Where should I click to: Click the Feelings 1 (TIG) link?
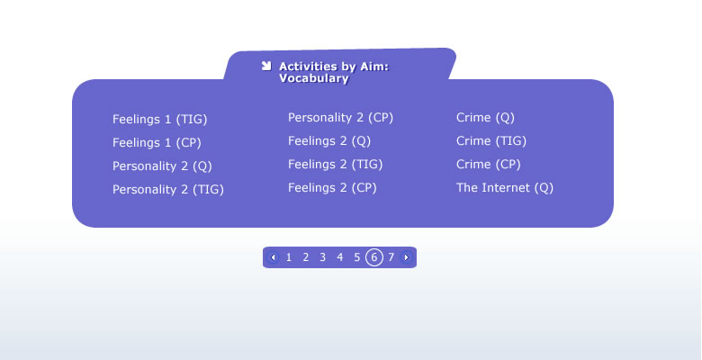(x=160, y=120)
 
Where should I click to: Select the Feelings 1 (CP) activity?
(x=157, y=143)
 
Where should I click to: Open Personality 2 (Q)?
(x=162, y=166)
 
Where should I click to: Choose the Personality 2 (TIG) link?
(x=168, y=189)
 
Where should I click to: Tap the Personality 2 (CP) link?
(x=340, y=118)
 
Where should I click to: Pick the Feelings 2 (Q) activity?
(x=329, y=141)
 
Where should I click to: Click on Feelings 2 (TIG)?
(x=336, y=165)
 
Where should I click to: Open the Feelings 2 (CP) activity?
(x=332, y=187)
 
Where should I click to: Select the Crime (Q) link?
(x=485, y=118)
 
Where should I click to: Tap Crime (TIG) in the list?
(x=491, y=141)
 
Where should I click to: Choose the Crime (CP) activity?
(x=489, y=165)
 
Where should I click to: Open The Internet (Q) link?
(x=505, y=187)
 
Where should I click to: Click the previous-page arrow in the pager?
(x=273, y=257)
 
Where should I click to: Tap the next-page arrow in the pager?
(x=406, y=257)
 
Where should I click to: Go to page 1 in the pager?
(x=289, y=257)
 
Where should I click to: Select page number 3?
(x=323, y=257)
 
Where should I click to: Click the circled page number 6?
(x=374, y=257)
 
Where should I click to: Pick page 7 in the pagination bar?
(x=391, y=257)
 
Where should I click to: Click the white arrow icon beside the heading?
(x=266, y=67)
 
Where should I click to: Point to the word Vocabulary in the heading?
(x=314, y=78)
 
